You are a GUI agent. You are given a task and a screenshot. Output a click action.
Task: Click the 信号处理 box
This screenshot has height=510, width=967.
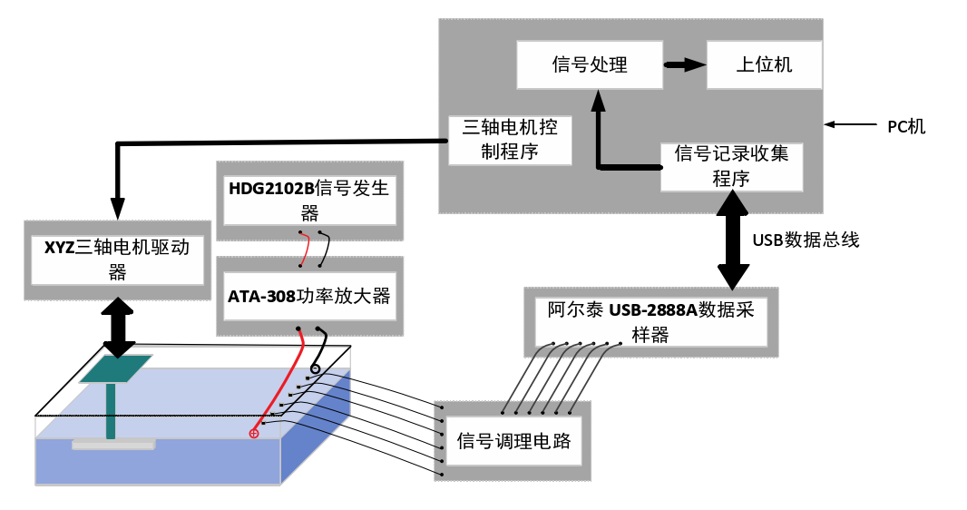(x=590, y=64)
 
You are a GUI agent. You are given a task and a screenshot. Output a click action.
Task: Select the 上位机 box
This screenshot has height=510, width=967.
(x=764, y=64)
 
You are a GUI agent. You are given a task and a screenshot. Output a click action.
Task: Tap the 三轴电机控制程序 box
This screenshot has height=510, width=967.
(x=510, y=139)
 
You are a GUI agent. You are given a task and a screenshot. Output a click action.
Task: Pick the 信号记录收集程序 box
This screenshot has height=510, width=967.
(x=731, y=166)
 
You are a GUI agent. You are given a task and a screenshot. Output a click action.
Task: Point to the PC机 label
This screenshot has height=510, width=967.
(x=906, y=126)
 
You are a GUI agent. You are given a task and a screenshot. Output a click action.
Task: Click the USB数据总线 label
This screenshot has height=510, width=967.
(x=806, y=240)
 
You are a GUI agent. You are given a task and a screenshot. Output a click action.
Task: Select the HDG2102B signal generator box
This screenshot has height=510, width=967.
(x=308, y=201)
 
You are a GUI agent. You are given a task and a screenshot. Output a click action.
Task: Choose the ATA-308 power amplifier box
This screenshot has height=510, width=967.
(x=308, y=296)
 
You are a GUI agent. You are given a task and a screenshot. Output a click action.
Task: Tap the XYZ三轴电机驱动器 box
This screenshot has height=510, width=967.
(x=117, y=259)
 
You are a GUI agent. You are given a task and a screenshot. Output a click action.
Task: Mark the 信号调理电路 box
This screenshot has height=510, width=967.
(x=513, y=441)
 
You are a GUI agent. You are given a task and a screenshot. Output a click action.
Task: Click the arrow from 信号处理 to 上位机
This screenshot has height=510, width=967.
(x=684, y=64)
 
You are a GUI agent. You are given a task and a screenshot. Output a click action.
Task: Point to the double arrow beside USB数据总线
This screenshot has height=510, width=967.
(x=734, y=241)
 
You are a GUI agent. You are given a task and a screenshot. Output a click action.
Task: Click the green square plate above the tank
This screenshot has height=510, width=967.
(x=115, y=368)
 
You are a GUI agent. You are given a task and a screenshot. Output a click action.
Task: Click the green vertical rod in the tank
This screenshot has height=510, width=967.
(x=111, y=411)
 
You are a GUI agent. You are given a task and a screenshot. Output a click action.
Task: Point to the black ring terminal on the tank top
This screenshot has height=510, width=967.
(x=315, y=368)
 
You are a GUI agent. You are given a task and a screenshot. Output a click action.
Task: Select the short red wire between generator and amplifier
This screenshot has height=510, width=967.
(x=306, y=248)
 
